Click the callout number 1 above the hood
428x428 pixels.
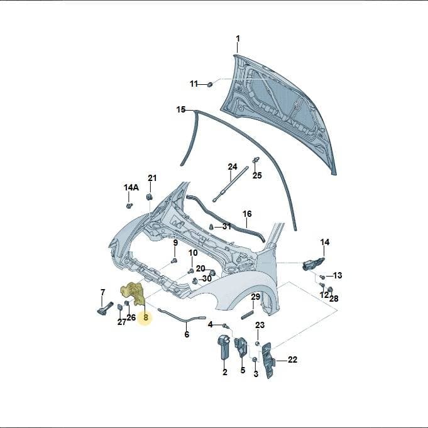[x=238, y=39]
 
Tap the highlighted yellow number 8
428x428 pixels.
[x=146, y=317]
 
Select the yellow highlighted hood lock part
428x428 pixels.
[x=133, y=294]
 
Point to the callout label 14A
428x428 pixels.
[x=131, y=187]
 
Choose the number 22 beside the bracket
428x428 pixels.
[x=292, y=359]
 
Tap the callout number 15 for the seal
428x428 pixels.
[x=181, y=110]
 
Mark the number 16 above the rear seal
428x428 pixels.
[x=247, y=214]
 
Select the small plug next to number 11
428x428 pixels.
[x=210, y=84]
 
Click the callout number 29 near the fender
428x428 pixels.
[x=256, y=297]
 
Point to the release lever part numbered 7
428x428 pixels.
[x=105, y=309]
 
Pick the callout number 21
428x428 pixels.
[x=152, y=178]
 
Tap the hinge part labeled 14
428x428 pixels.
[x=314, y=264]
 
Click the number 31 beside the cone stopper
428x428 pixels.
[x=227, y=226]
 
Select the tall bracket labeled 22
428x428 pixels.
[x=268, y=360]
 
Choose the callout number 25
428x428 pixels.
[x=257, y=175]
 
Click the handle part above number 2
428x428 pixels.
[x=224, y=347]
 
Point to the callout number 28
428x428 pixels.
[x=334, y=299]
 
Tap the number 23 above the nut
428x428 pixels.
[x=260, y=325]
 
